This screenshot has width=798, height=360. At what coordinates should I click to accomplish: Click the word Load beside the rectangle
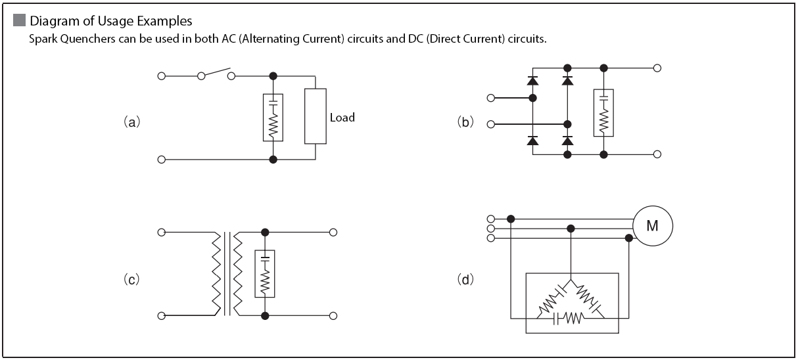click(x=342, y=118)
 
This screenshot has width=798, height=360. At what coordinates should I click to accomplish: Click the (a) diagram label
click(x=132, y=122)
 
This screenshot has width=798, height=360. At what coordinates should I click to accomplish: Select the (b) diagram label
click(x=465, y=122)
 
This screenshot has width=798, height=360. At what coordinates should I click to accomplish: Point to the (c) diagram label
click(x=131, y=279)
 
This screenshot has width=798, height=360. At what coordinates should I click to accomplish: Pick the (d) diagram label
click(x=465, y=279)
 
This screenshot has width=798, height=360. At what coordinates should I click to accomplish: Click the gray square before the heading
click(x=19, y=20)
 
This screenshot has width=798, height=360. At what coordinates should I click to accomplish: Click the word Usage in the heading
click(x=116, y=21)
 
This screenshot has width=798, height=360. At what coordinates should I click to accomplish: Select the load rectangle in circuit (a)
click(x=316, y=116)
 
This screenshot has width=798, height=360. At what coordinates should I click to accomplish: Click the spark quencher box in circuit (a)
click(x=273, y=118)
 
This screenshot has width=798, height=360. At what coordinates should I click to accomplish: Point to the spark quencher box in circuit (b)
click(x=603, y=113)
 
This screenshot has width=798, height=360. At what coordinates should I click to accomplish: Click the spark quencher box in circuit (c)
click(x=265, y=274)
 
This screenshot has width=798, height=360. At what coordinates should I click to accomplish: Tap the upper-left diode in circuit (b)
click(x=532, y=81)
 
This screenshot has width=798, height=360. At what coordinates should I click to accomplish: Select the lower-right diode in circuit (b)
click(x=567, y=141)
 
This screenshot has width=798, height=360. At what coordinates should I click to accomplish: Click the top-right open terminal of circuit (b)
click(x=657, y=68)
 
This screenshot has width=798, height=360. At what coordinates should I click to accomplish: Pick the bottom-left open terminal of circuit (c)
click(x=162, y=316)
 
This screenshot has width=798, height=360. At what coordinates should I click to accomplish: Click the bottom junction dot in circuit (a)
click(x=273, y=160)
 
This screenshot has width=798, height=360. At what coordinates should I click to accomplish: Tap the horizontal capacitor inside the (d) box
click(x=556, y=319)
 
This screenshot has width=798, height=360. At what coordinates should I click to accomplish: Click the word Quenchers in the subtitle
click(x=87, y=39)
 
